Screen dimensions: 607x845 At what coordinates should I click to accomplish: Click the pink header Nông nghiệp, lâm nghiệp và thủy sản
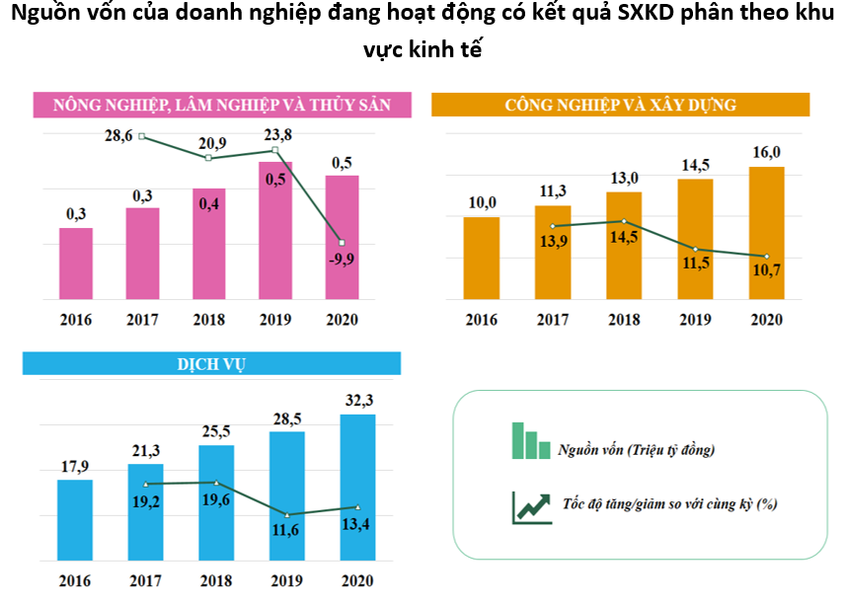click(222, 105)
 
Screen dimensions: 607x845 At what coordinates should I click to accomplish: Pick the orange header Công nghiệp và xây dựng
click(620, 105)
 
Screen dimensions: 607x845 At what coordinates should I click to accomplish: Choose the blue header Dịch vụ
click(213, 363)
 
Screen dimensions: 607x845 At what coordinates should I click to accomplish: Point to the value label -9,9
click(342, 261)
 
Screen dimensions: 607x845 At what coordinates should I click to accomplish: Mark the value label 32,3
click(357, 400)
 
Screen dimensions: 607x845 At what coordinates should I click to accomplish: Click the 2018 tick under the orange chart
click(624, 320)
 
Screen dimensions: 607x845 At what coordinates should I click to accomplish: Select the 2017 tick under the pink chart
click(142, 320)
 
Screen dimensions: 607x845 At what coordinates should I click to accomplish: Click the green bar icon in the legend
click(530, 441)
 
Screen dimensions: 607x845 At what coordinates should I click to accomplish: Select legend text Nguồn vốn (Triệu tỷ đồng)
click(636, 450)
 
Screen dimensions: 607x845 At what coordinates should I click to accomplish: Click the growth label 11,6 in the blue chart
click(287, 533)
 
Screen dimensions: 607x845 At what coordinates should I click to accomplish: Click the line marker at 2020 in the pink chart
click(342, 243)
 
